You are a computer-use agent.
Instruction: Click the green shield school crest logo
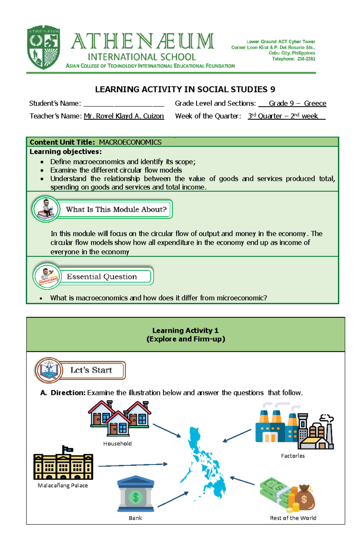[x=44, y=47]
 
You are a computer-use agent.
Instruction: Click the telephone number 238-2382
[x=306, y=59]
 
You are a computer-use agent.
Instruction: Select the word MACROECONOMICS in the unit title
[x=130, y=142]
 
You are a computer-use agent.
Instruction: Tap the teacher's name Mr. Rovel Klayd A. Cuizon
[x=124, y=116]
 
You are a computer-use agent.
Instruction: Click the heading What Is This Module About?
[x=116, y=209]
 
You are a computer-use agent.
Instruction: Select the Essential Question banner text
[x=102, y=276]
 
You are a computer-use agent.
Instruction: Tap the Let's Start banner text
[x=91, y=370]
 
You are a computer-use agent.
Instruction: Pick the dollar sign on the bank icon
[x=136, y=497]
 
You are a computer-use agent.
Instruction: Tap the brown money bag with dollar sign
[x=304, y=498]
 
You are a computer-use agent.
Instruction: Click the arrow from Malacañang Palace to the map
[x=133, y=465]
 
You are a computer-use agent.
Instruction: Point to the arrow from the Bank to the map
[x=173, y=499]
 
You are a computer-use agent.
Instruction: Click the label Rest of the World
[x=293, y=518]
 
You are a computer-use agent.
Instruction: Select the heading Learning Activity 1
[x=185, y=330]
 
